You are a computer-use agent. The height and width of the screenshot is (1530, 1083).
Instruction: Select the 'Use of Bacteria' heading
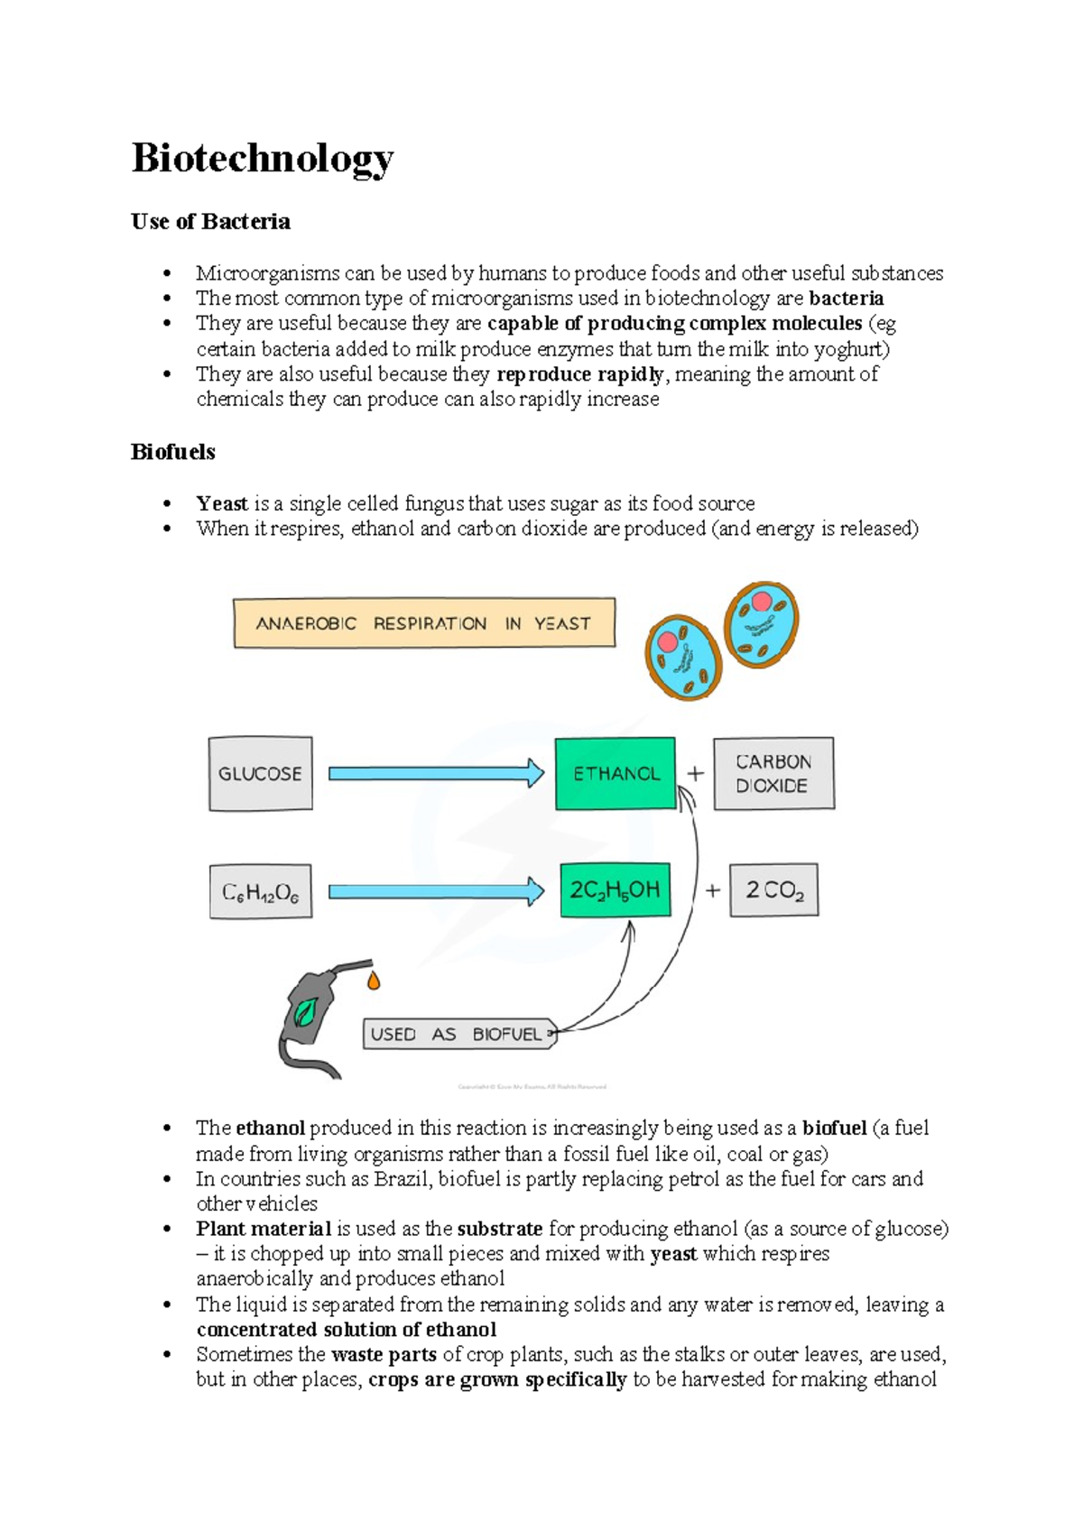click(x=210, y=222)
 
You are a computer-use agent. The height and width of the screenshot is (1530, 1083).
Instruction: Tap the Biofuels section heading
click(x=172, y=452)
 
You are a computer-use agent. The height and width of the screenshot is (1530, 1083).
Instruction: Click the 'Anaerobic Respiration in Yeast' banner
click(x=423, y=622)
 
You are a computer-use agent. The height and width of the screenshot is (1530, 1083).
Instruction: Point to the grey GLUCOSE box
click(x=260, y=773)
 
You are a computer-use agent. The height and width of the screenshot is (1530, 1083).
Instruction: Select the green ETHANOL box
click(x=616, y=773)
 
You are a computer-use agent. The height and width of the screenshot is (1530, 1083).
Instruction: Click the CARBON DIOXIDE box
click(x=773, y=773)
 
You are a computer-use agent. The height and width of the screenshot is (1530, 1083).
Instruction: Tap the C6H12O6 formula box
click(x=260, y=892)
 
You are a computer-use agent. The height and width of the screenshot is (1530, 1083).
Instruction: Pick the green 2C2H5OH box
click(x=615, y=890)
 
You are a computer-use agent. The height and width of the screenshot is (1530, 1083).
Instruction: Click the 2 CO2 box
click(x=773, y=890)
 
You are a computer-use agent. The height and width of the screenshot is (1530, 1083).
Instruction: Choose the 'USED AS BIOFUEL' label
click(x=458, y=1034)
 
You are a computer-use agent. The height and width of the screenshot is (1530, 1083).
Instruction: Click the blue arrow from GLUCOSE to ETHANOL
click(x=435, y=773)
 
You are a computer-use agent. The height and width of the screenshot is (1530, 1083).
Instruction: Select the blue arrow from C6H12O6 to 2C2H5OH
click(x=435, y=892)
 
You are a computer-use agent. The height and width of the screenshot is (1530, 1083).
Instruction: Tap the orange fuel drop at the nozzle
click(x=374, y=981)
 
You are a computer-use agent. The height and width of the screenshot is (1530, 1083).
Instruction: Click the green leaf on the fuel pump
click(x=305, y=1012)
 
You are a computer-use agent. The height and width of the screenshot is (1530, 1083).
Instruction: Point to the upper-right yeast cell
click(x=762, y=624)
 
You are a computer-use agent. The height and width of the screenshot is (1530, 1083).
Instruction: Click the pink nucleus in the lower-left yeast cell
click(x=668, y=641)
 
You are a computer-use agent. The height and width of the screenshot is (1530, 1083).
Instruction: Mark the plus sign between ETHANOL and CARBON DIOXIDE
click(x=695, y=773)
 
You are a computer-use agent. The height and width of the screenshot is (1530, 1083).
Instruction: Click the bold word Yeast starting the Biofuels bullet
click(x=221, y=503)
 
